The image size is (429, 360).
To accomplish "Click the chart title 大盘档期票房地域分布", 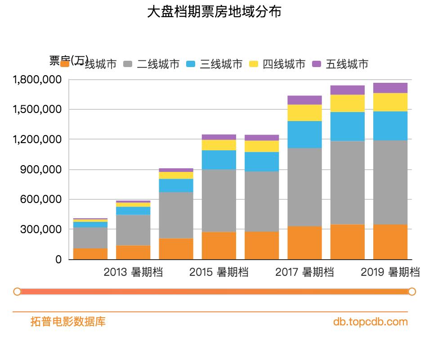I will click(x=214, y=12).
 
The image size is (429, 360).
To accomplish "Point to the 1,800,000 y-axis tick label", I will click(x=37, y=80).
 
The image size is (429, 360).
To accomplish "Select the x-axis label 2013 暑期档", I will click(x=133, y=272).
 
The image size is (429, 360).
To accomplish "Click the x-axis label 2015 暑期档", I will click(x=219, y=272).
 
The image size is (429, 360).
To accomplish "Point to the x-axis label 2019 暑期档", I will click(x=390, y=272).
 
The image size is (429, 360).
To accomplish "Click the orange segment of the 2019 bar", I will click(x=390, y=242).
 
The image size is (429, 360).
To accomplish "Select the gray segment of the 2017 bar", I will click(x=304, y=187).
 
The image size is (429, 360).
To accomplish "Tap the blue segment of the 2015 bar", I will click(x=219, y=160).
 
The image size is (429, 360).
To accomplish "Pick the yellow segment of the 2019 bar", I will click(x=390, y=102).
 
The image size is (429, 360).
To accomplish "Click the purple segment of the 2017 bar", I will click(x=304, y=100).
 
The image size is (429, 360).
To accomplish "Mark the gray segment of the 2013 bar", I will click(x=133, y=230).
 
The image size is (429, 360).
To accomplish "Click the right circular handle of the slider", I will click(x=411, y=292).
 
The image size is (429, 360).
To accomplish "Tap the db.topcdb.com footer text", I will click(x=371, y=322).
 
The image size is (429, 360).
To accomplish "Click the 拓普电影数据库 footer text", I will click(x=68, y=322).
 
